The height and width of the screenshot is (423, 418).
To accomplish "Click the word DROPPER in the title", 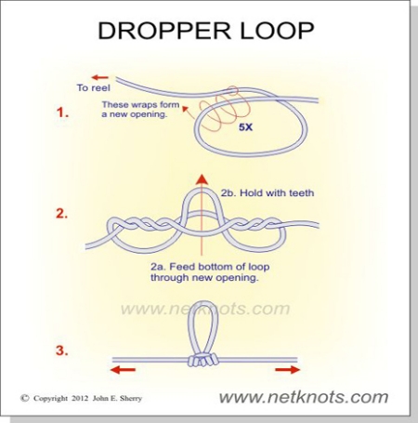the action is pos(164,31).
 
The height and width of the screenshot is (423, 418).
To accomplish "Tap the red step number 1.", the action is pos(62,112).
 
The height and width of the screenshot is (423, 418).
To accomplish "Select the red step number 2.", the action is pos(61,214).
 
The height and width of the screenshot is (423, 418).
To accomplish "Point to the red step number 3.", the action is pos(62,350).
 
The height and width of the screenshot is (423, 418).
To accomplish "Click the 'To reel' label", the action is pos(94,87).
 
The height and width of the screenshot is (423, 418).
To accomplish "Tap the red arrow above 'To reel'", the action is pos(100,77).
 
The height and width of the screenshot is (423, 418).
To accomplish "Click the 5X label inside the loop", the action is pos(245,127).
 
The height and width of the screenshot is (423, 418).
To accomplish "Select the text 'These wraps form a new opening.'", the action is pos(141,110).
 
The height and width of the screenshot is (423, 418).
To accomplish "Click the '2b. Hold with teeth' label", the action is pos(268,193).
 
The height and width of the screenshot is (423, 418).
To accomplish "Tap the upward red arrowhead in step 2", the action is pos(202,178).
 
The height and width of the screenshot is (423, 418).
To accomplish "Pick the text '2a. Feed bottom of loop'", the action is pos(210,267).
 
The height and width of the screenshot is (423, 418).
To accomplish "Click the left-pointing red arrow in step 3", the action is pos(123,369).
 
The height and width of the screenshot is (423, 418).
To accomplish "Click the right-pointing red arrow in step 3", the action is pos(287,369).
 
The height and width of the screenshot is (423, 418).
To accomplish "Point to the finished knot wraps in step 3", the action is pos(202,360).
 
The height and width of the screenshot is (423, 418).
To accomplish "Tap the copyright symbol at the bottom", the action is pos(25,398).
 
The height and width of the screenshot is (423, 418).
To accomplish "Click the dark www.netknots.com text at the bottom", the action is pos(304,397).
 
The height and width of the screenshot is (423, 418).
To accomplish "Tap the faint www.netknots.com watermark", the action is pos(205,309).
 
